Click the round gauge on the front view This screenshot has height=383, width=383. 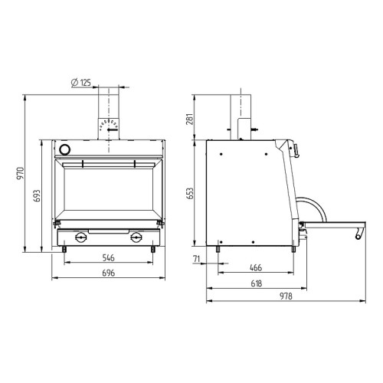pos(65,149)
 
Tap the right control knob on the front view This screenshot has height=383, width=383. pos(137,237)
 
